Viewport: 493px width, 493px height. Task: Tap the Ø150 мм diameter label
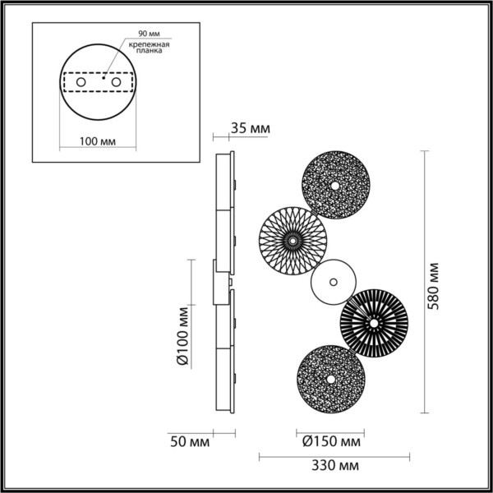tap(329, 441)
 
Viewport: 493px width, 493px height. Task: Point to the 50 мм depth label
tap(187, 441)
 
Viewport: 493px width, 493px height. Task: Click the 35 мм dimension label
tap(251, 129)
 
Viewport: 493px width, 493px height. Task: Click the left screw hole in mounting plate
tap(80, 84)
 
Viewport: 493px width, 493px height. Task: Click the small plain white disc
tap(333, 283)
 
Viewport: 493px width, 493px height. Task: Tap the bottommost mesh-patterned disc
tap(330, 379)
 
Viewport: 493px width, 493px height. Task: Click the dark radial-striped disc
tap(374, 324)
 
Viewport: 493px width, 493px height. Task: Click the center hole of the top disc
tap(336, 185)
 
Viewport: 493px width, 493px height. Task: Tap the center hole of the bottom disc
tap(330, 379)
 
